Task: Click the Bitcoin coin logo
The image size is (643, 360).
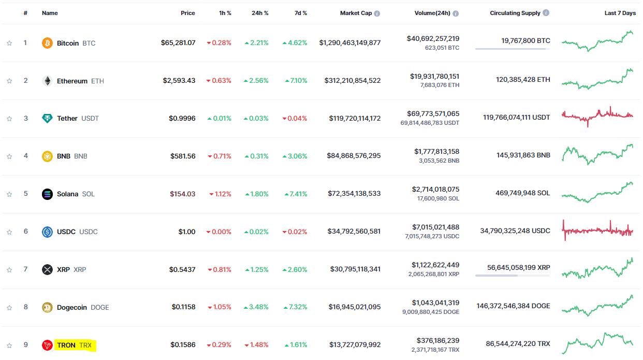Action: (47, 43)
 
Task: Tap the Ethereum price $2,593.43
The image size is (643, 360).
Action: (179, 81)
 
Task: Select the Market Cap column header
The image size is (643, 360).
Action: (356, 13)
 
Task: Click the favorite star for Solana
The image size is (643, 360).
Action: (9, 194)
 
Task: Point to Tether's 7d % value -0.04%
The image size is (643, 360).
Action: (295, 119)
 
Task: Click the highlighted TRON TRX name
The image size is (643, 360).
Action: (75, 345)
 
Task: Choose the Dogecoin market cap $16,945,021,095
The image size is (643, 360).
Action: (355, 307)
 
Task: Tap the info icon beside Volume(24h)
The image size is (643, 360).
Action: (456, 13)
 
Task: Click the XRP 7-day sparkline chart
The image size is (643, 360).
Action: (597, 268)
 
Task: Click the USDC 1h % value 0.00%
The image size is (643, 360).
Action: (219, 232)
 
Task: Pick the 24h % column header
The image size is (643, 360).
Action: (260, 13)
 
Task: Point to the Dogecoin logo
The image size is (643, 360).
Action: (47, 307)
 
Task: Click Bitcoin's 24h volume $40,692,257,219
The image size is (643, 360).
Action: (433, 38)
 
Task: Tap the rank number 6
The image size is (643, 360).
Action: (25, 231)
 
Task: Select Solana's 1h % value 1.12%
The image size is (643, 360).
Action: (221, 194)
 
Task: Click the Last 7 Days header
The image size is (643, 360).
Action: (620, 13)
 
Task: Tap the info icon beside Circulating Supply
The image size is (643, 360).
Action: (546, 13)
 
